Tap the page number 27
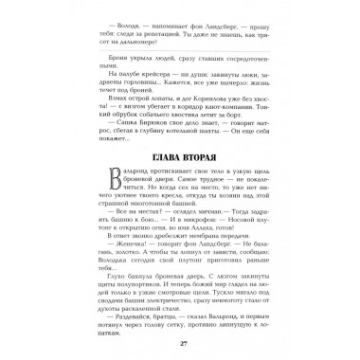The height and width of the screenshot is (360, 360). click(180, 342)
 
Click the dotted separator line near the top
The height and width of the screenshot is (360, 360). click(179, 67)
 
